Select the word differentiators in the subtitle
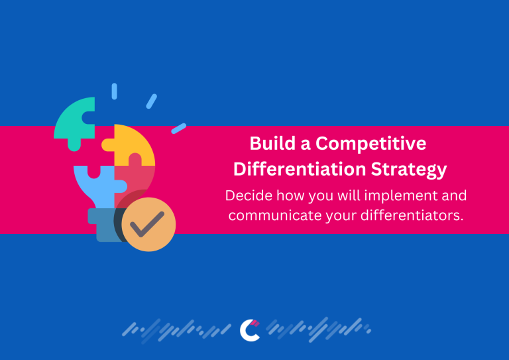[x=409, y=217]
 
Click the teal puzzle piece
[x=74, y=119]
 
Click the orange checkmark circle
[x=148, y=225]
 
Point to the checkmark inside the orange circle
[x=148, y=224]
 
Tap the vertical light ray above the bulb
[x=114, y=91]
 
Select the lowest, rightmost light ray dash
[x=178, y=129]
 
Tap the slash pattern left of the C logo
[x=179, y=329]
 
